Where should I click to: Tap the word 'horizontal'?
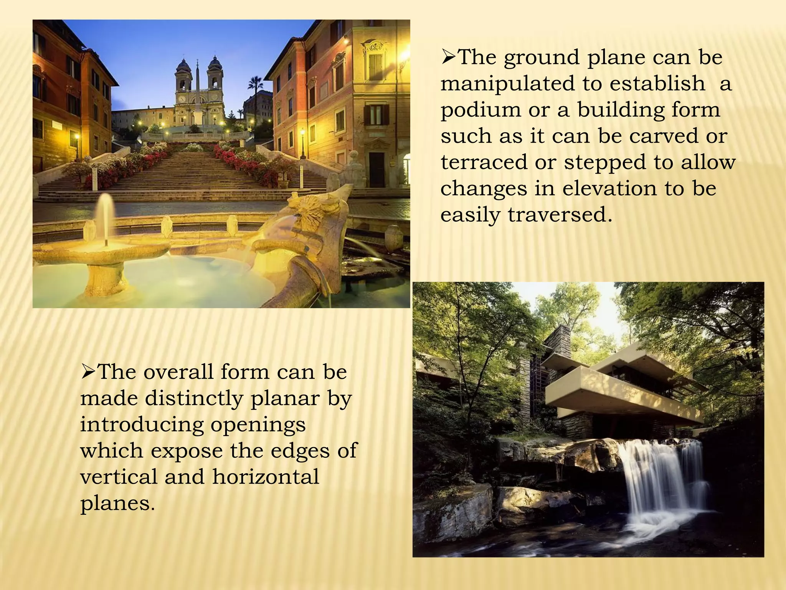[266, 477]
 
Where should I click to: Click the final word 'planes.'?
[117, 504]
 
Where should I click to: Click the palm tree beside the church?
[255, 86]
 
